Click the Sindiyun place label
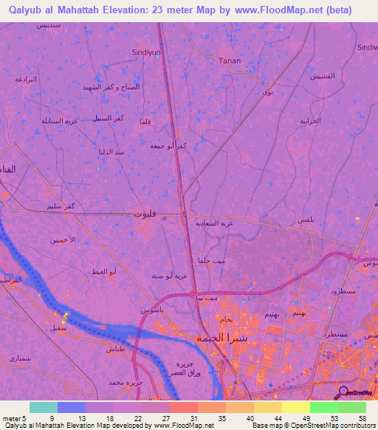(x=145, y=53)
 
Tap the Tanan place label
(x=230, y=61)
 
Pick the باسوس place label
(x=151, y=310)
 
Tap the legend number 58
(x=361, y=419)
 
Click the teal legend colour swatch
(x=43, y=407)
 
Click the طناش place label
(x=117, y=348)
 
